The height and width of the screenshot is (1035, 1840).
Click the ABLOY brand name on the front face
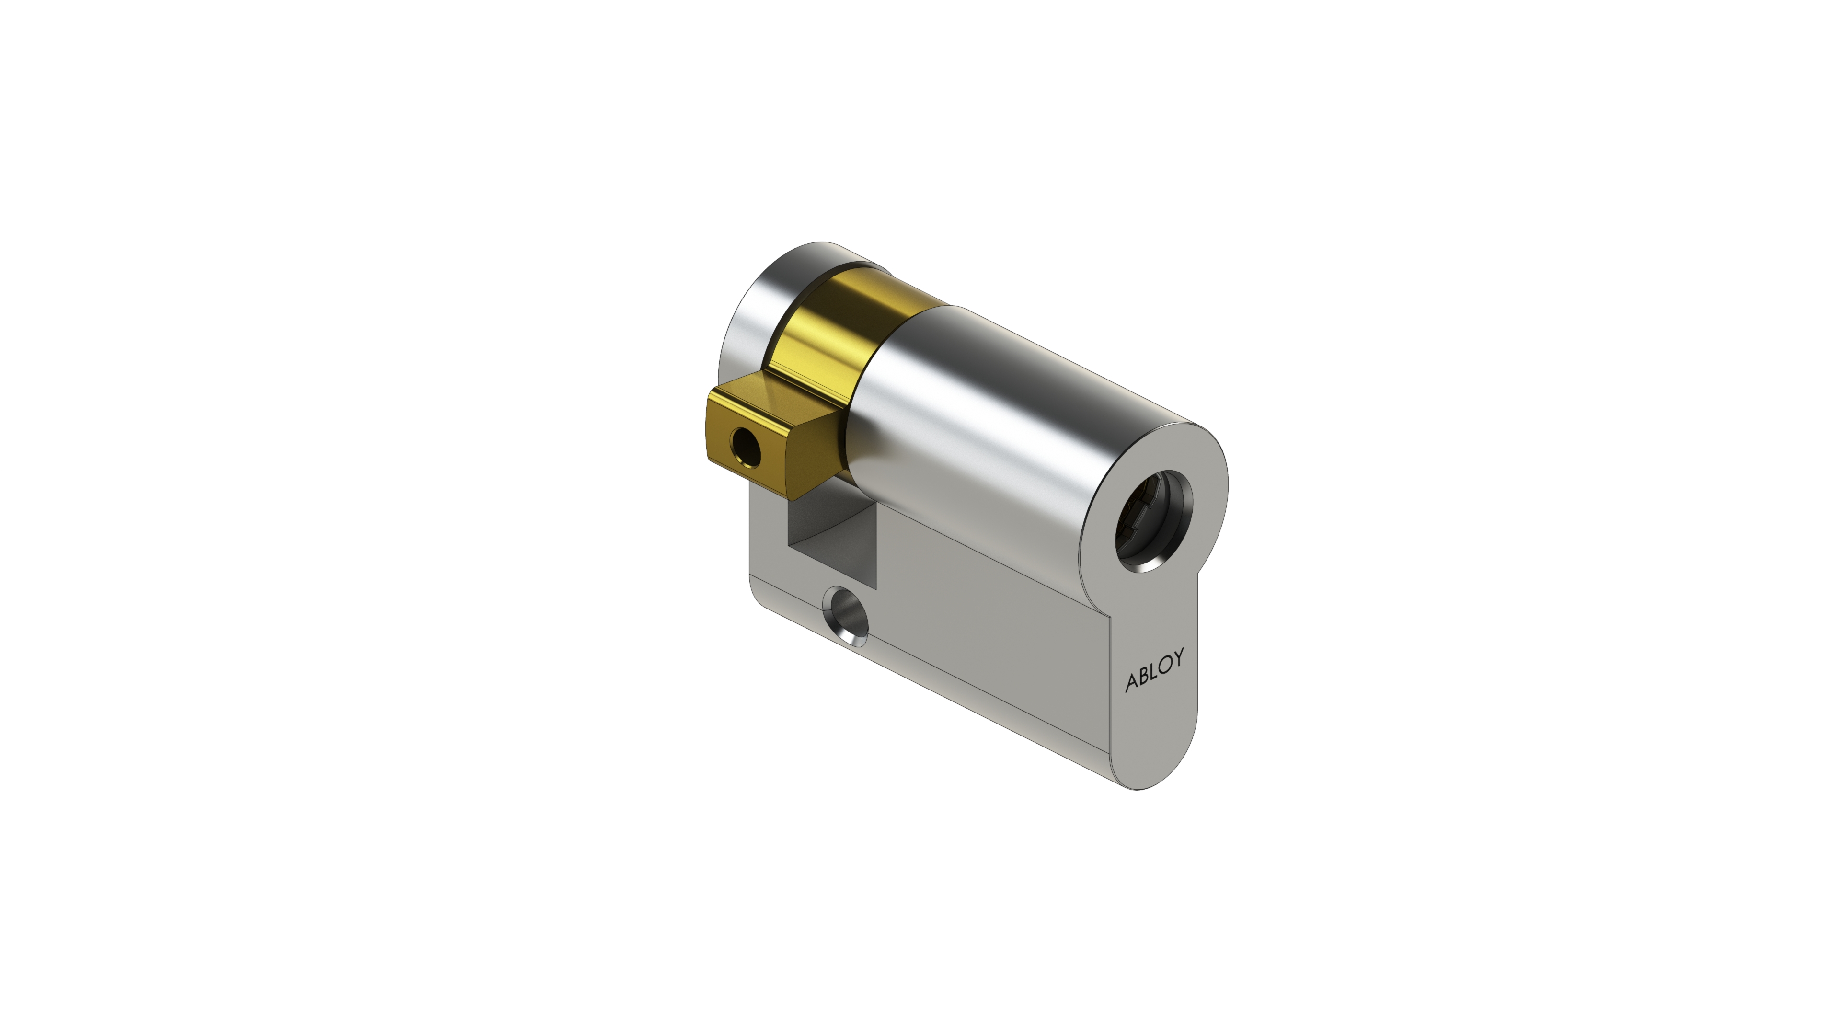(x=1154, y=669)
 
